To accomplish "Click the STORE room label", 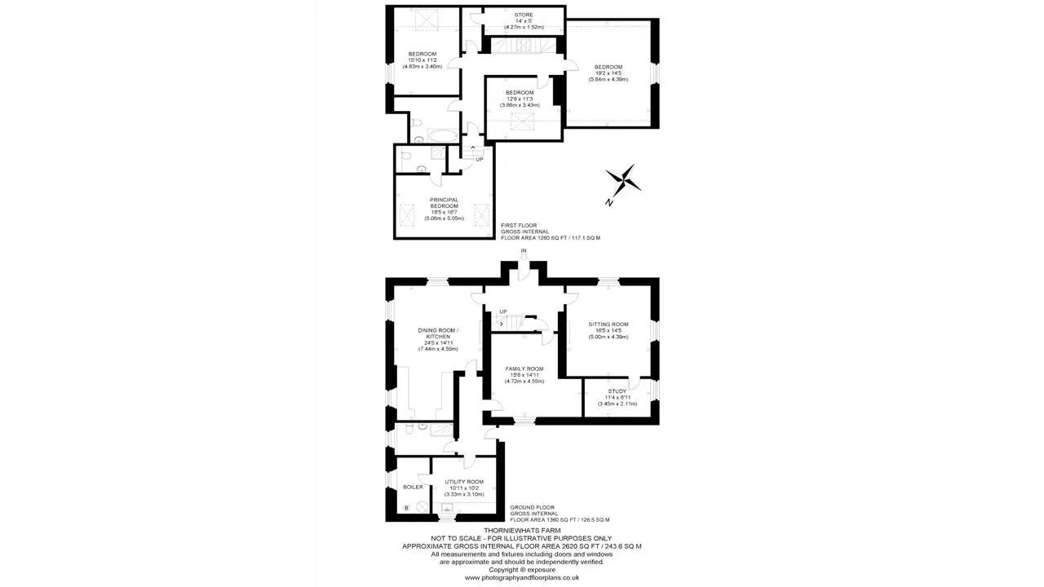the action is (x=524, y=15).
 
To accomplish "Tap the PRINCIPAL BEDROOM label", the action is (x=445, y=203).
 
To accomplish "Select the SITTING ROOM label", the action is (x=608, y=324).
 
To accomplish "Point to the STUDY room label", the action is (x=617, y=391).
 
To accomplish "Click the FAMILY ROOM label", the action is (x=524, y=369).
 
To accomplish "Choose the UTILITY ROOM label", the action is (x=464, y=482).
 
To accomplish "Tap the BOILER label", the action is (x=413, y=487).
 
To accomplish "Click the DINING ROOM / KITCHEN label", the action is (x=438, y=333).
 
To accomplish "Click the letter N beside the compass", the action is (x=608, y=202).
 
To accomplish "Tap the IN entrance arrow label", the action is (x=524, y=250).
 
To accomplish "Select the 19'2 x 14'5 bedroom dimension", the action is (x=608, y=73).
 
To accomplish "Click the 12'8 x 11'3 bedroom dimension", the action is (x=520, y=99).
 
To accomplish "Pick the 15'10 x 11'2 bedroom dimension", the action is (x=422, y=60).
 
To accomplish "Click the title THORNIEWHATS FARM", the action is (x=522, y=530).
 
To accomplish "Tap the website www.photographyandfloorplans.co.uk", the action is (x=522, y=577).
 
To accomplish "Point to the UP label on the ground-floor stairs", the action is (x=503, y=311).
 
